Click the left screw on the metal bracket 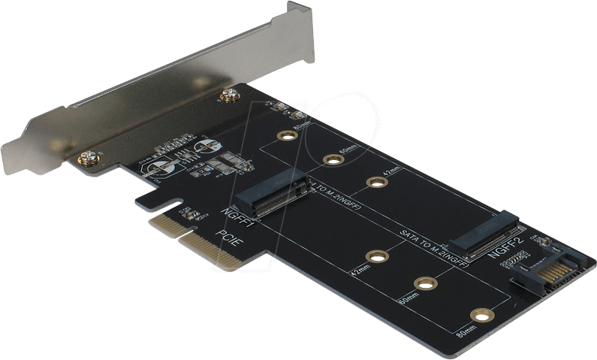88,158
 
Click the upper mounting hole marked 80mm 285,136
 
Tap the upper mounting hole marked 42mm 375,181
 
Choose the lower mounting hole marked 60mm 426,284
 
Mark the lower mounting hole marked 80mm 481,316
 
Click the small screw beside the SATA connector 544,242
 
